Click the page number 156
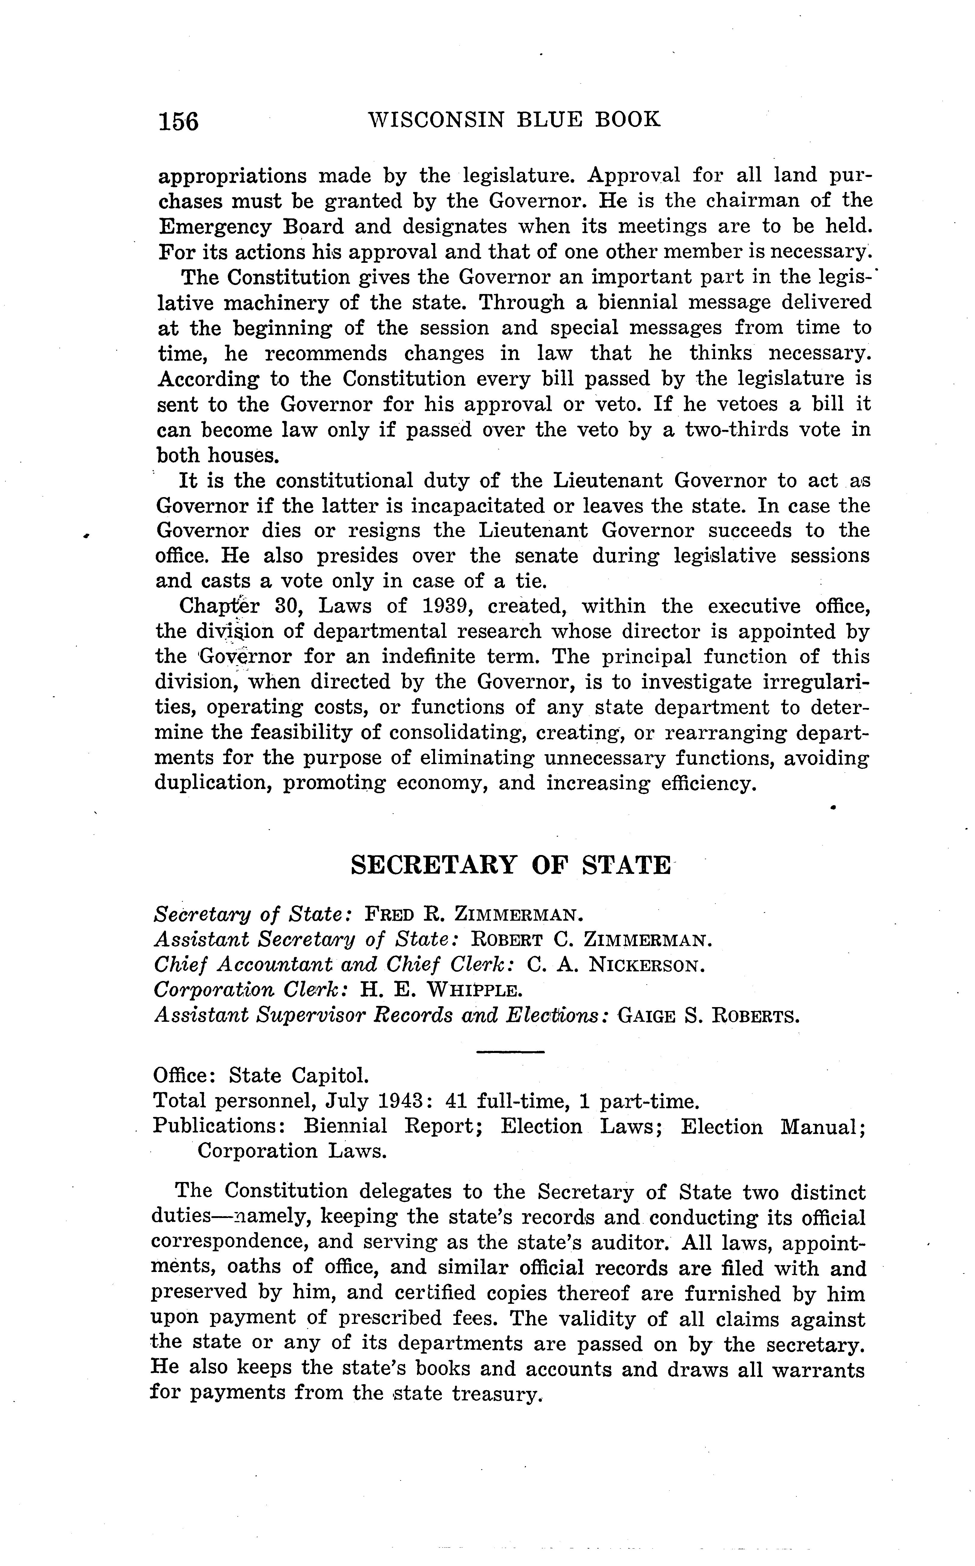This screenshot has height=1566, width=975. tap(179, 121)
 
